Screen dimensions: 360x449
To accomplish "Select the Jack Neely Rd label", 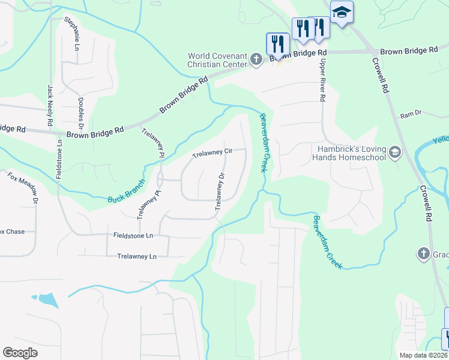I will tap(50, 106).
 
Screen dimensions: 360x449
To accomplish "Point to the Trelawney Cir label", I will tap(212, 153).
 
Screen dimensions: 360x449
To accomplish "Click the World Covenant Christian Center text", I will tap(217, 60).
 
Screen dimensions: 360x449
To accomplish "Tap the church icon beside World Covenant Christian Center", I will tap(256, 60).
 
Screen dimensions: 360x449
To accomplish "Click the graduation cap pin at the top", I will tap(342, 12).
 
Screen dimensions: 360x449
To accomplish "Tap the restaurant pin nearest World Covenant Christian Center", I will tap(277, 43).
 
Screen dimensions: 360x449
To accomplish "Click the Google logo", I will tap(20, 352).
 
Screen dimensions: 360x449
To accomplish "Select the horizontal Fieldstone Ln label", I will tap(133, 236).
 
